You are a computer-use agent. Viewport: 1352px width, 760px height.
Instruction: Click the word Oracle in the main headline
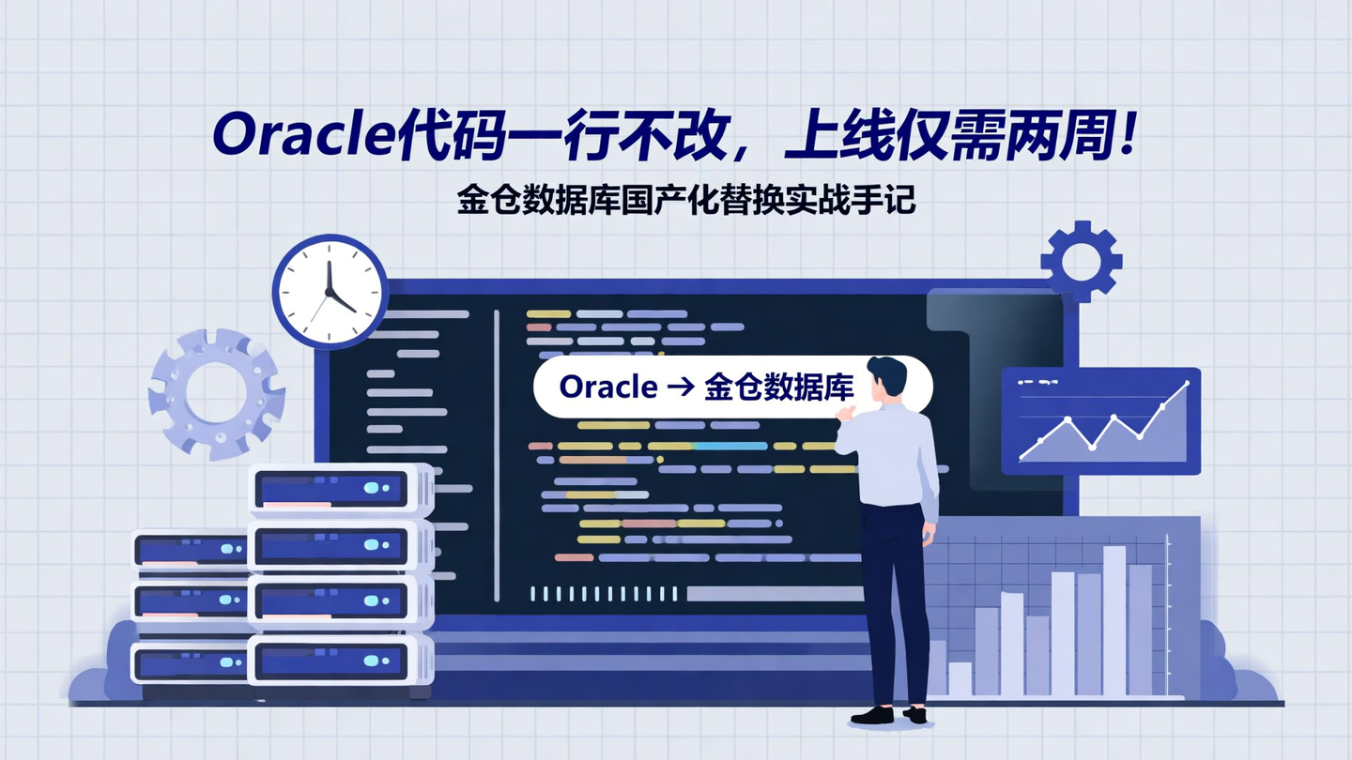[x=300, y=136]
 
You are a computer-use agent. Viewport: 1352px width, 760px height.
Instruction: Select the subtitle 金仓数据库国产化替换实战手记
[x=685, y=200]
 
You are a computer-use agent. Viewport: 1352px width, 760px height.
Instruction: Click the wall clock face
[x=330, y=291]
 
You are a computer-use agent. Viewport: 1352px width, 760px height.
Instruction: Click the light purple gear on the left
[x=216, y=393]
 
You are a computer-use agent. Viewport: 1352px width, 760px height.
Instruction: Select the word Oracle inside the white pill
[x=607, y=387]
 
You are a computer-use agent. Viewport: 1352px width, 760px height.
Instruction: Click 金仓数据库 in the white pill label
[x=777, y=387]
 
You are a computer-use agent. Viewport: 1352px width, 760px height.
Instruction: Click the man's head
[x=886, y=377]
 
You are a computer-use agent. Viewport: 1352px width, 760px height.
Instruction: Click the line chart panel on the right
[x=1100, y=420]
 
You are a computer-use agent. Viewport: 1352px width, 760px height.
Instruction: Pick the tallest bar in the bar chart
[x=1114, y=619]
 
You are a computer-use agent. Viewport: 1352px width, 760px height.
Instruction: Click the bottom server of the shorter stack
[x=191, y=662]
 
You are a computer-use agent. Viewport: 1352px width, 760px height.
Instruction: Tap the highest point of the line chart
[x=1187, y=384]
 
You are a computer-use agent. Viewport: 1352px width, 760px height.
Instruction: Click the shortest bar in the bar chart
[x=960, y=677]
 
